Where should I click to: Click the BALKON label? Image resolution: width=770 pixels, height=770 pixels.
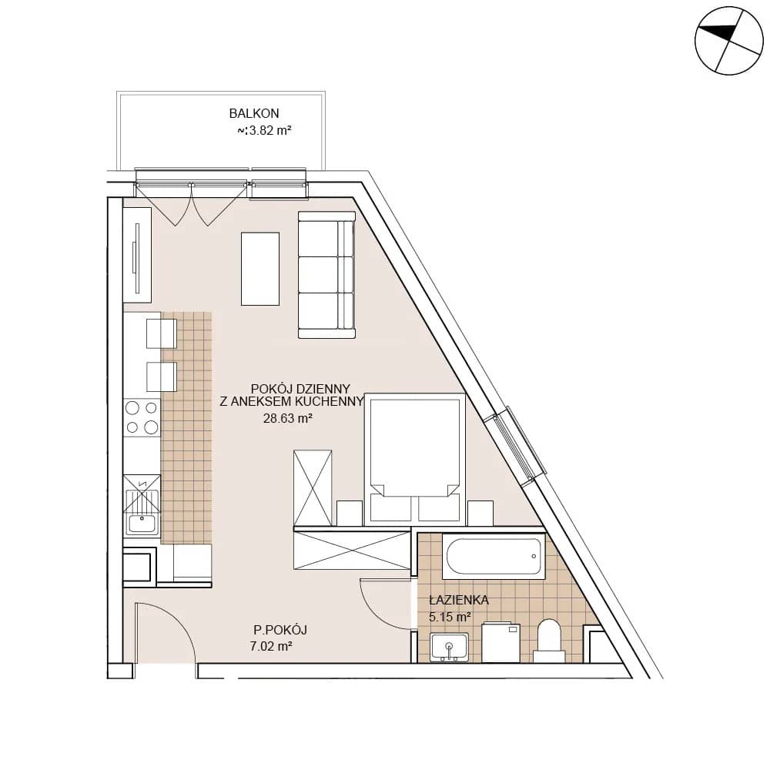point(254,113)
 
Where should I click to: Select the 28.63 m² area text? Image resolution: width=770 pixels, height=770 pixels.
point(288,418)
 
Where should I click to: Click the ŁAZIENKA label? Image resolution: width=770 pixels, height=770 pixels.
point(459,600)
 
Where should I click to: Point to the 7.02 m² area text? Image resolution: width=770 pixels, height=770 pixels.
point(271,646)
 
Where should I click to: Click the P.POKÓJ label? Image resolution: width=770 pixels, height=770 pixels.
point(280,630)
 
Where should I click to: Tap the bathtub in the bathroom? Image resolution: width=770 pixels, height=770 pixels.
point(494,557)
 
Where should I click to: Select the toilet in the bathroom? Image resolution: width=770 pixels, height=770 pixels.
point(549,641)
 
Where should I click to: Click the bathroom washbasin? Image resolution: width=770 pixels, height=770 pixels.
point(449,647)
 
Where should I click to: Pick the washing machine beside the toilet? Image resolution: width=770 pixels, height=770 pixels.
point(501,642)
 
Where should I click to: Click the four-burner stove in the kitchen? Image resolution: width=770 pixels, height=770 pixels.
point(142,417)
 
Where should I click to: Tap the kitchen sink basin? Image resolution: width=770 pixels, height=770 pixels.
point(142,524)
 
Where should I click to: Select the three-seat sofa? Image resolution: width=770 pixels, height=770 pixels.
point(326,275)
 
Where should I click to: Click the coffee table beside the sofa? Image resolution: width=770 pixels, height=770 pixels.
point(260,269)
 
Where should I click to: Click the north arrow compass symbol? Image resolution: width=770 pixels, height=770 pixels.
point(729,41)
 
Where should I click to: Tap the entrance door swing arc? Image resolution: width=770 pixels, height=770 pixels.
point(179,618)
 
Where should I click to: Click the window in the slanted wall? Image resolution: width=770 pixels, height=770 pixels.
point(514,446)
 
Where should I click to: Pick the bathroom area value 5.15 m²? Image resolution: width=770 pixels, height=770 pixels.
point(450,617)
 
